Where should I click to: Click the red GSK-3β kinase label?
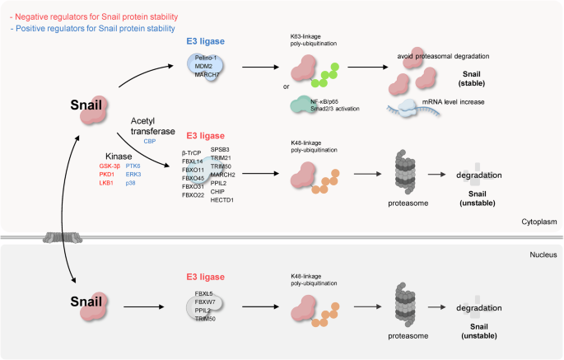112,166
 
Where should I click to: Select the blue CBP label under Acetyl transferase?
150,142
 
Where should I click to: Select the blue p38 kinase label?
131,183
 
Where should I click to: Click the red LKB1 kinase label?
109,183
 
